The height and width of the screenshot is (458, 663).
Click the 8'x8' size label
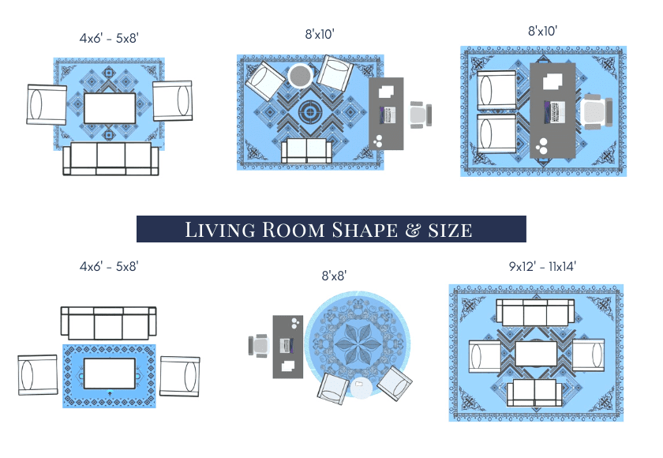[x=334, y=276]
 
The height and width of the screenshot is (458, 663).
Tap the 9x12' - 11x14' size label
[x=542, y=266]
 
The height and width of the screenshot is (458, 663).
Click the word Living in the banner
[x=220, y=230]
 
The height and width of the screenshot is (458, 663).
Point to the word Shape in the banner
[x=365, y=230]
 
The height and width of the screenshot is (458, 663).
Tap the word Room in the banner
[x=293, y=230]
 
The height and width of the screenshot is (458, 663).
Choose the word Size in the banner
[x=450, y=231]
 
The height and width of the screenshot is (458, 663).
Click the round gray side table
[x=300, y=76]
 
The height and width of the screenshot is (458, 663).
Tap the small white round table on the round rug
[x=361, y=387]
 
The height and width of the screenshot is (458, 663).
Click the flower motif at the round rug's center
[x=358, y=343]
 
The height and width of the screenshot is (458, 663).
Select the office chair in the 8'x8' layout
[x=259, y=346]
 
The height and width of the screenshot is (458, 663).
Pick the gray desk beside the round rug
[x=288, y=347]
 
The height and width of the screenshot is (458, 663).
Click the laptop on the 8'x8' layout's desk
[x=287, y=346]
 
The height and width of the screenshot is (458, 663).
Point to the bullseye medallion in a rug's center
[x=310, y=112]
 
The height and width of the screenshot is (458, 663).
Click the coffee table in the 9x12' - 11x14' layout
[x=536, y=354]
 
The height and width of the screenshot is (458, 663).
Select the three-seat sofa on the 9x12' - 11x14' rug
[x=535, y=313]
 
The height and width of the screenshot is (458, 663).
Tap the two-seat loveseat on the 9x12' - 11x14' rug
[x=534, y=393]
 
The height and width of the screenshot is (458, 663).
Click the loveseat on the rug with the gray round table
[x=306, y=151]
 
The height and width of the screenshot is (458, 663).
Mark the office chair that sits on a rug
[x=596, y=111]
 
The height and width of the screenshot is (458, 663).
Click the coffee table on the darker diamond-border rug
[x=110, y=374]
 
